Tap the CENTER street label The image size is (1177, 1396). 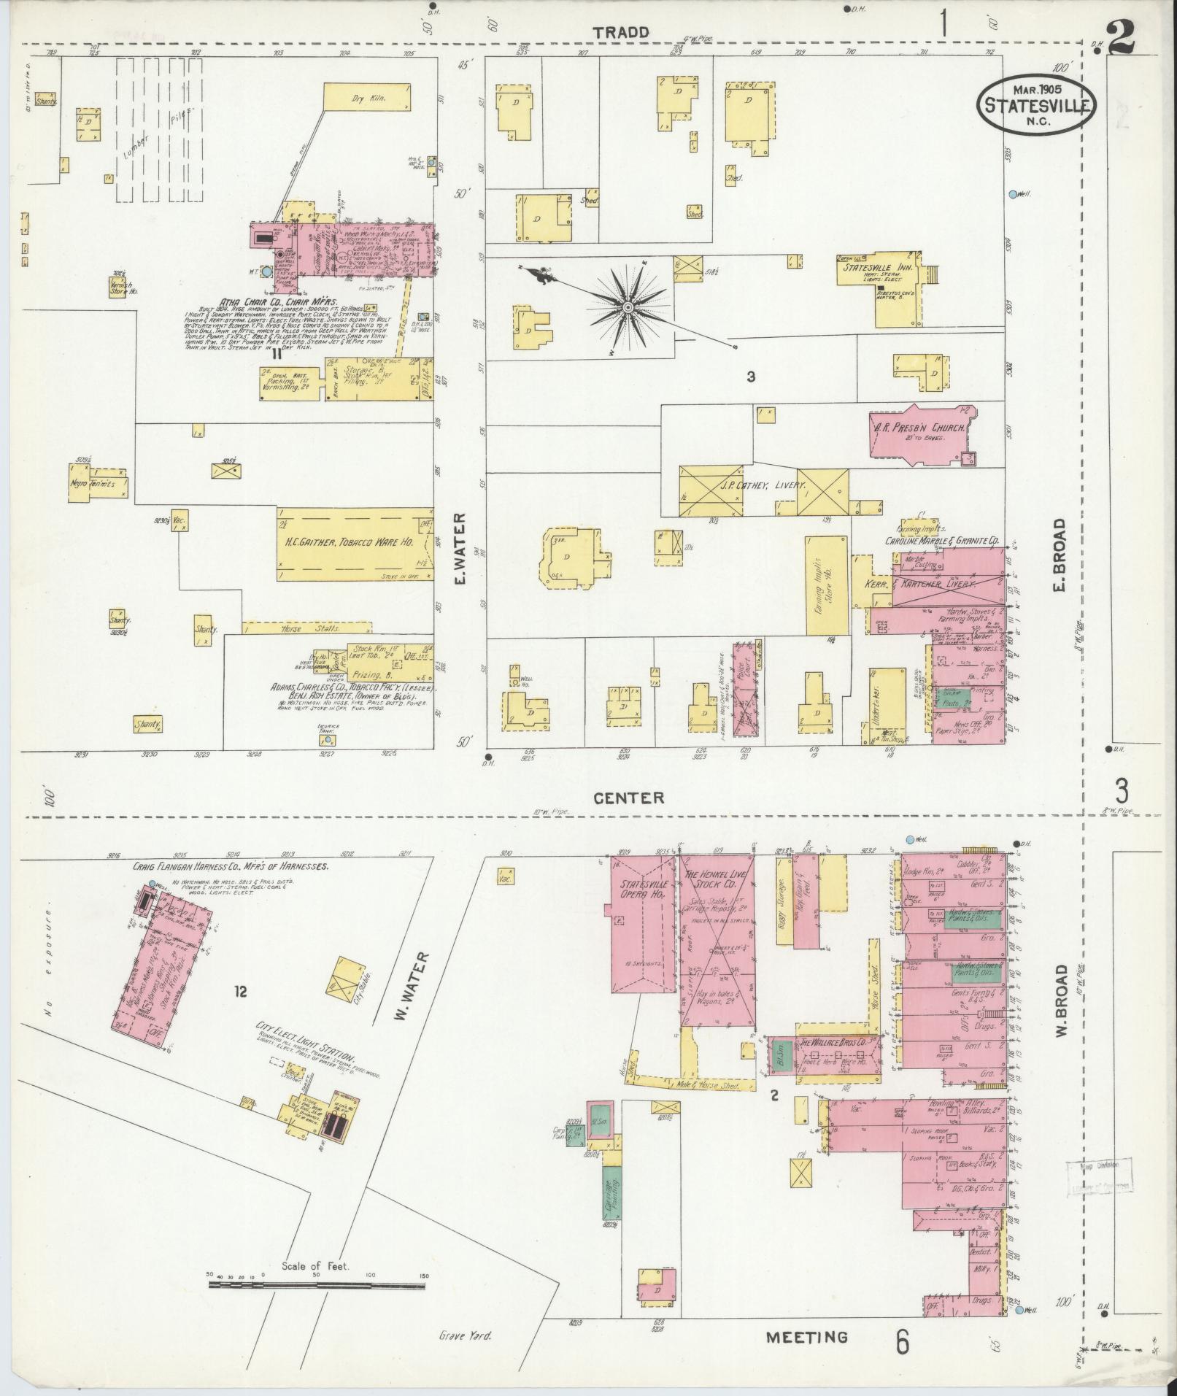629,798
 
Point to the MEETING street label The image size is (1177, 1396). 807,1337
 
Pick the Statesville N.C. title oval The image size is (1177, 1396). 1036,104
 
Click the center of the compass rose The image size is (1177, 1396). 626,309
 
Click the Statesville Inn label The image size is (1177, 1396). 876,266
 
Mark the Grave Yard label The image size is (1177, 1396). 466,1336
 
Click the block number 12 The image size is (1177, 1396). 241,991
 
